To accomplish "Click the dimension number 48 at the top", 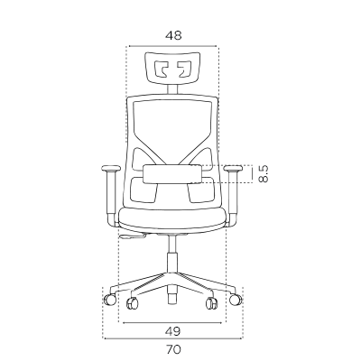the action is tap(173, 35).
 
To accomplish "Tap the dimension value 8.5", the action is tap(264, 174).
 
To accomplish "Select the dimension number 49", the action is tap(173, 331).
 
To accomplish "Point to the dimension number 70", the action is tap(173, 349).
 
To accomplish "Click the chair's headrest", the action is tap(172, 67).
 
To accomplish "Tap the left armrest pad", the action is tap(111, 168).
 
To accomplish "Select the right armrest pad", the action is tap(233, 168).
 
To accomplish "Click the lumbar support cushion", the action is tap(172, 174).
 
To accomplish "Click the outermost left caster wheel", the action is tap(110, 300).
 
